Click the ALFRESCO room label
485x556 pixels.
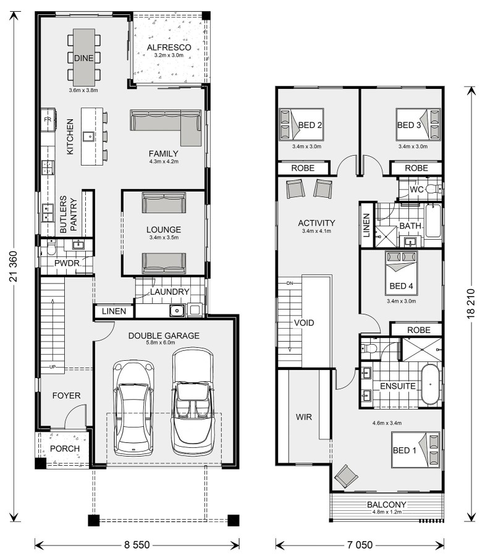click(169, 48)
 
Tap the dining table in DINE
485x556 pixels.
click(84, 57)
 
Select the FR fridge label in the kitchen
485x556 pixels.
click(48, 119)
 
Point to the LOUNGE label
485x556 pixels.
click(164, 229)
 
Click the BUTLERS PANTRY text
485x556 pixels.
click(69, 214)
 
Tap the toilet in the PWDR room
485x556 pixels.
click(51, 247)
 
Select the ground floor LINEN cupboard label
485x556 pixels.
click(114, 311)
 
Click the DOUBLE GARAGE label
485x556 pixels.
click(164, 335)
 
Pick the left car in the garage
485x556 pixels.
click(133, 408)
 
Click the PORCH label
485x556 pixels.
click(65, 449)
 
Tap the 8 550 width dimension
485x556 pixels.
click(137, 545)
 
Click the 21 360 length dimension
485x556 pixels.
click(13, 266)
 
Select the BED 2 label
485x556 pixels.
click(310, 125)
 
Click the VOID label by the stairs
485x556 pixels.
click(304, 322)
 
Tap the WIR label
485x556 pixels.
click(304, 417)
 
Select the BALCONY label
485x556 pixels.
click(386, 504)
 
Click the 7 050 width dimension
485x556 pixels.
click(360, 545)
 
